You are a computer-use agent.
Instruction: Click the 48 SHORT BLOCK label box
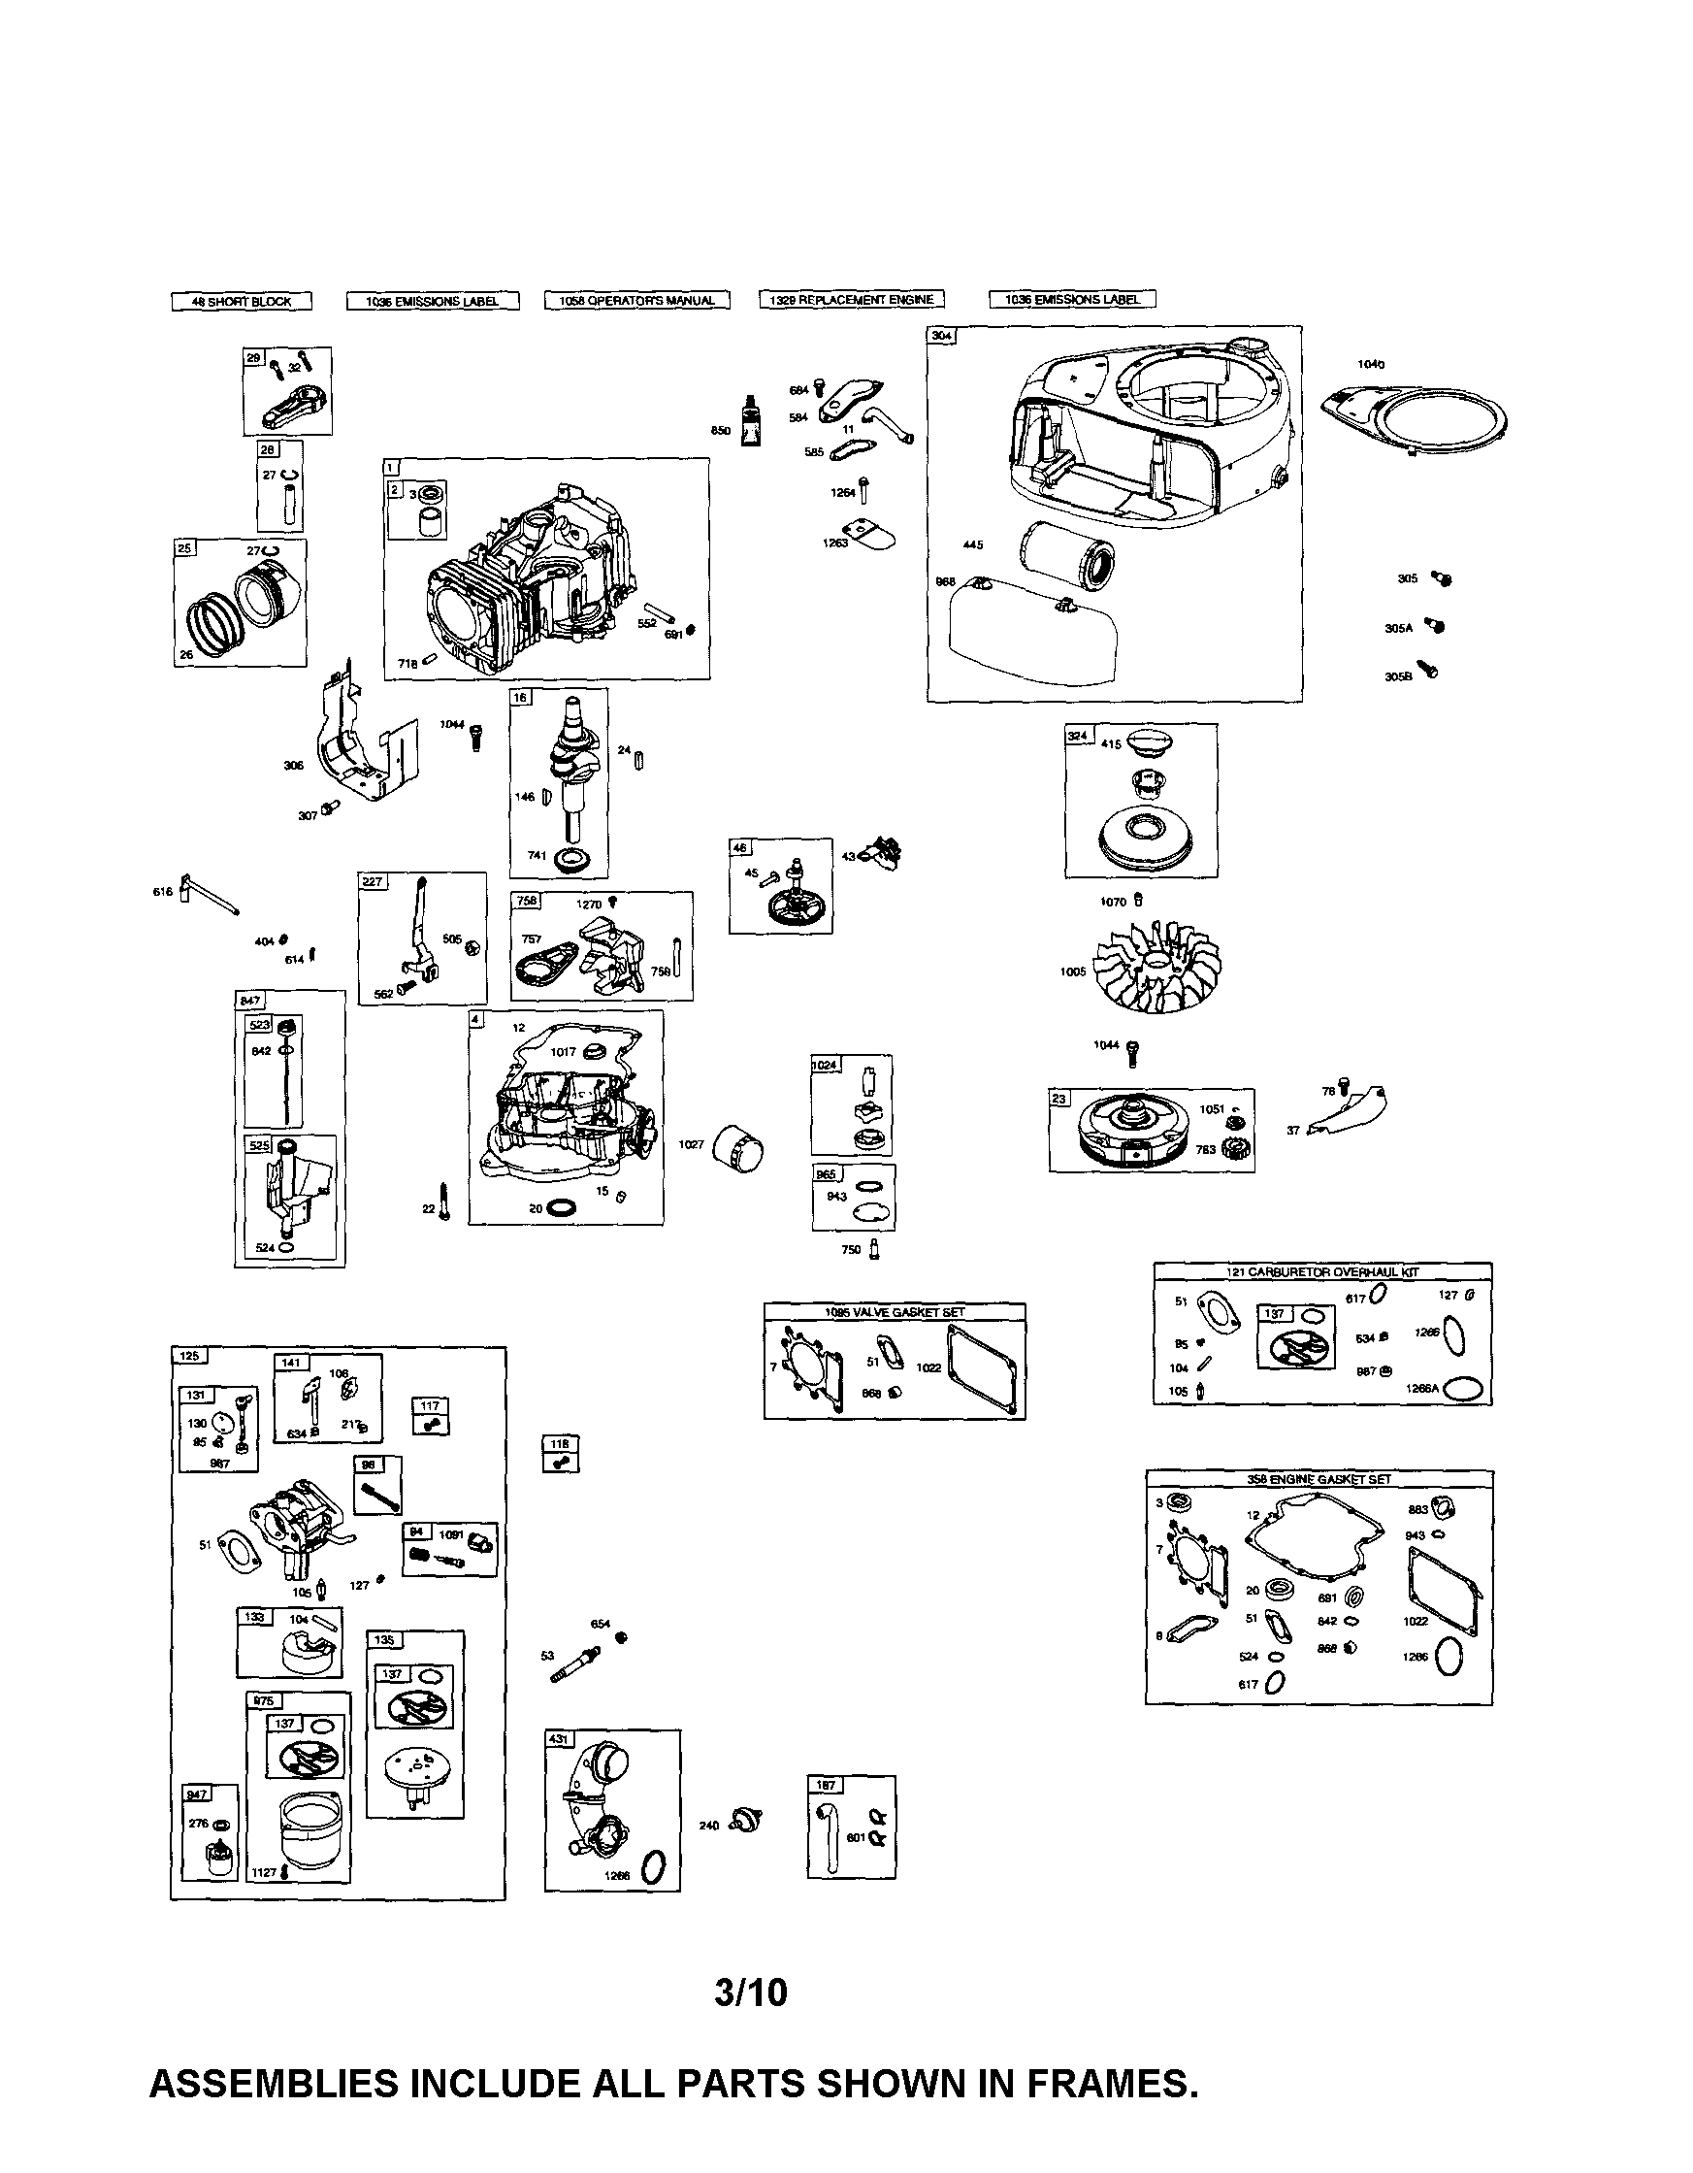click(x=241, y=302)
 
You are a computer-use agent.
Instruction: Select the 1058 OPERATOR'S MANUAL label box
click(x=636, y=301)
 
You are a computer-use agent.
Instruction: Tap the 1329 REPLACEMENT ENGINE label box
click(x=852, y=300)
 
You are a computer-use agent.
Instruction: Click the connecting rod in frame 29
click(x=296, y=404)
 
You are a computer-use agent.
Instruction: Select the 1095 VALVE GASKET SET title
click(x=895, y=1312)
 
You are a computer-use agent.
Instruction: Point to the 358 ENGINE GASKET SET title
click(x=1319, y=1479)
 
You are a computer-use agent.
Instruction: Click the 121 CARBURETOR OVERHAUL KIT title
click(x=1322, y=1271)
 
